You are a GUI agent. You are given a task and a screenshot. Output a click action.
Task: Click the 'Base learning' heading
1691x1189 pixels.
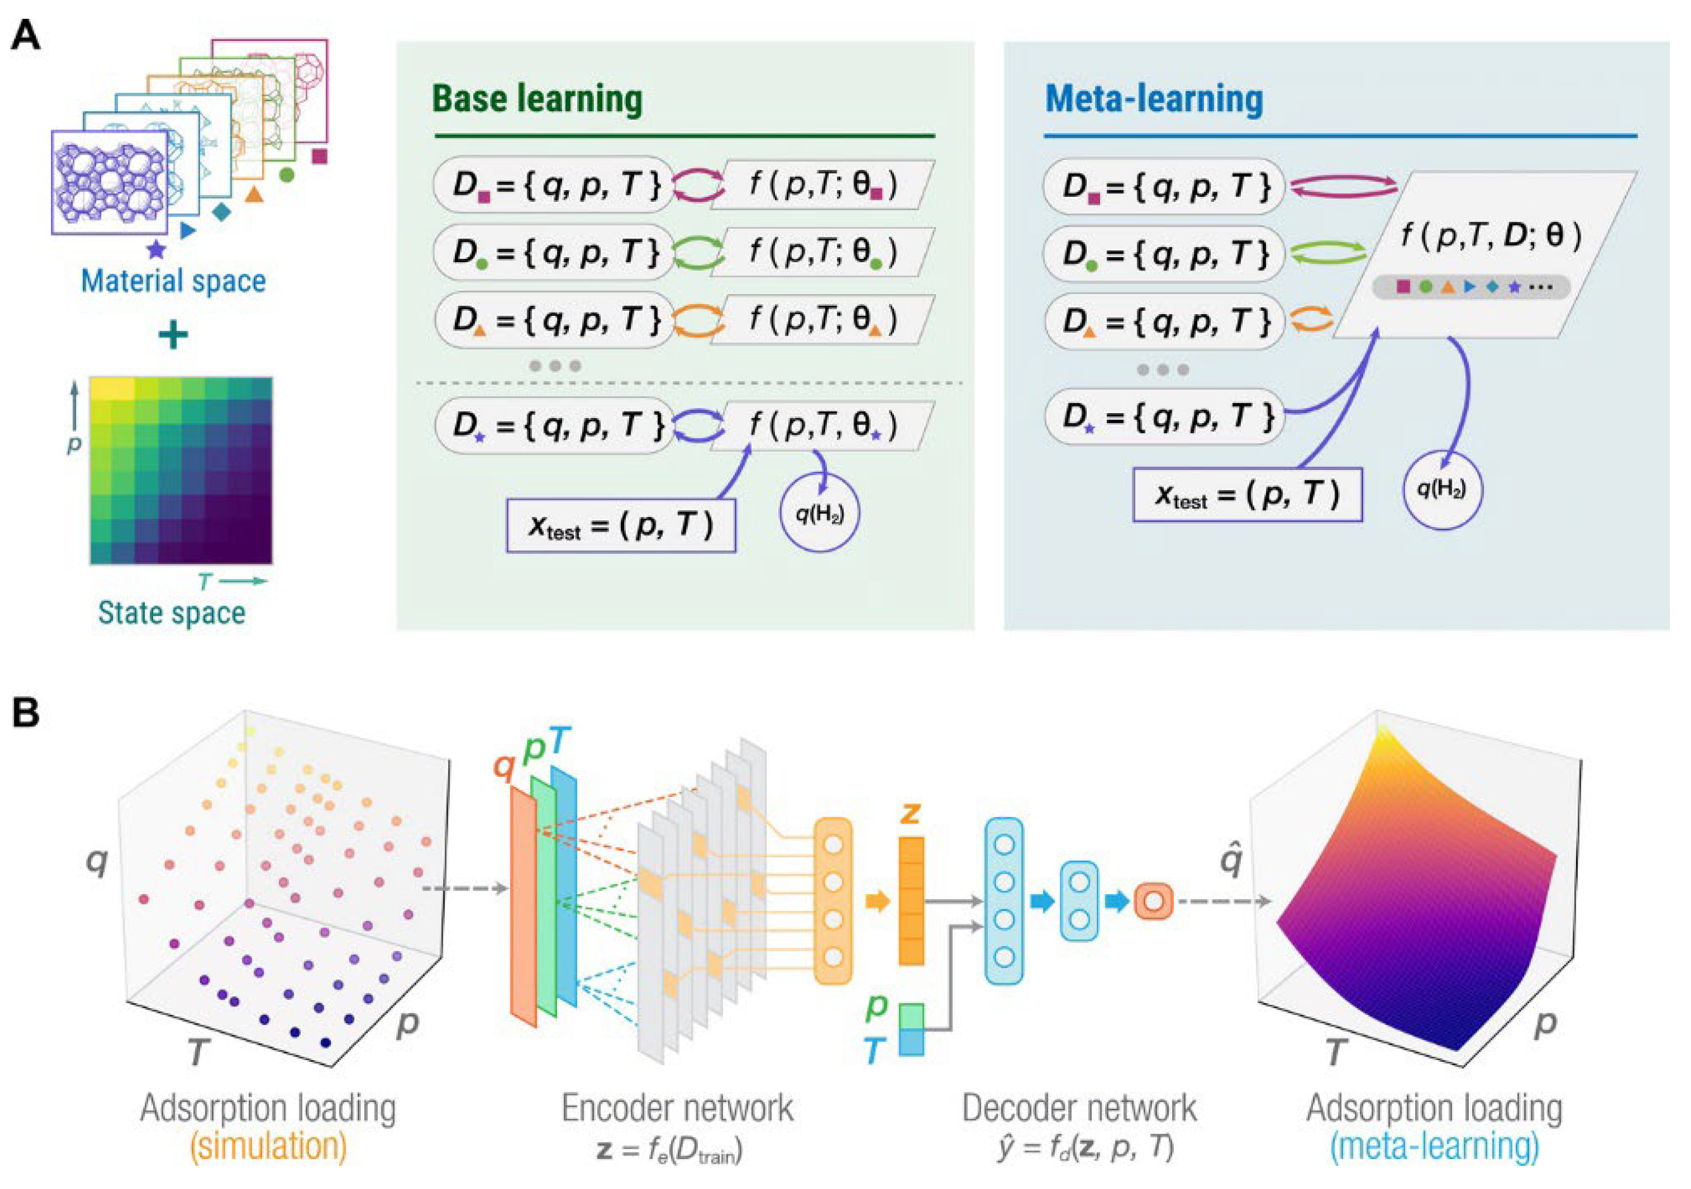[537, 100]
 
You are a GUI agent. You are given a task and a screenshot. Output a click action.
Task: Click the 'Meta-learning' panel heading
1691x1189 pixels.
[1153, 100]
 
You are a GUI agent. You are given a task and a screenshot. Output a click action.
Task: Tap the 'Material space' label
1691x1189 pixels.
[173, 281]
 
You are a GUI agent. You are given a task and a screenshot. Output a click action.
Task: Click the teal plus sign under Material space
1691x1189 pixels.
[174, 336]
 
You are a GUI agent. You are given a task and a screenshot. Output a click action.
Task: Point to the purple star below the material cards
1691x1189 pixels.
[156, 250]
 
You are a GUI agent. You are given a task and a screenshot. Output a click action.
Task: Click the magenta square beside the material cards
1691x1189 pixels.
[319, 156]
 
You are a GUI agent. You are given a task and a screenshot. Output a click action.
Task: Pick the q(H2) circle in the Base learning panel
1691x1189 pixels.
[819, 513]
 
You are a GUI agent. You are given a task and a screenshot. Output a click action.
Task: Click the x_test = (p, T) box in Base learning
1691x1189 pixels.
[620, 526]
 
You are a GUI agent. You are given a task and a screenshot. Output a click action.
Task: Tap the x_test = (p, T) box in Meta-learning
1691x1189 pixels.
[1247, 495]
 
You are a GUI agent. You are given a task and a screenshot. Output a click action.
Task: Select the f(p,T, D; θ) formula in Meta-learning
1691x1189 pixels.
[1491, 237]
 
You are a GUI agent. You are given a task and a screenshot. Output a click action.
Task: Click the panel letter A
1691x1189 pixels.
[26, 35]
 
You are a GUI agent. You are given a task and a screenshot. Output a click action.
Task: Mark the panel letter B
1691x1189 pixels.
[26, 712]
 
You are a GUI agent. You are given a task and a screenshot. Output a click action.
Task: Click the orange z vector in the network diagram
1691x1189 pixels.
[911, 900]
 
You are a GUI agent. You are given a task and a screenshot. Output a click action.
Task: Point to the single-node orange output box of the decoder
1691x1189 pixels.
[1153, 900]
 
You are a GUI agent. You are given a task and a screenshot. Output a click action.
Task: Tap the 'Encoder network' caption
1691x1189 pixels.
[677, 1109]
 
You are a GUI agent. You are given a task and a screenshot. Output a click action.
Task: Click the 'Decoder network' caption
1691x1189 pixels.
[1079, 1109]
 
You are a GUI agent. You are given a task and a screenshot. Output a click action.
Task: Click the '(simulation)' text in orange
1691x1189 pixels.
[268, 1146]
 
